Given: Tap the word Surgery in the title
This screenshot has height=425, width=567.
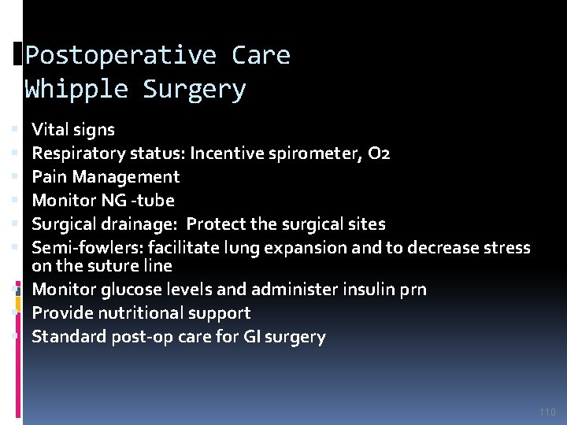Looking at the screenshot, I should tap(194, 90).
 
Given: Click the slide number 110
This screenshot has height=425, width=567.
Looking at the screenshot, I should tap(548, 412).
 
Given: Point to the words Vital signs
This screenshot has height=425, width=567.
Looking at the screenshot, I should tap(73, 130).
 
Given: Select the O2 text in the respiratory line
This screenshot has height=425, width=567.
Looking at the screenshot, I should tap(376, 153).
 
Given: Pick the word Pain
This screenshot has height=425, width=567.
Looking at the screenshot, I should tap(48, 177).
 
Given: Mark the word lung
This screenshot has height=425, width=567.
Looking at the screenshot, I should tap(272, 248).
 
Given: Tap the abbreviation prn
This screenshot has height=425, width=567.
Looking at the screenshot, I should tap(413, 289).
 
